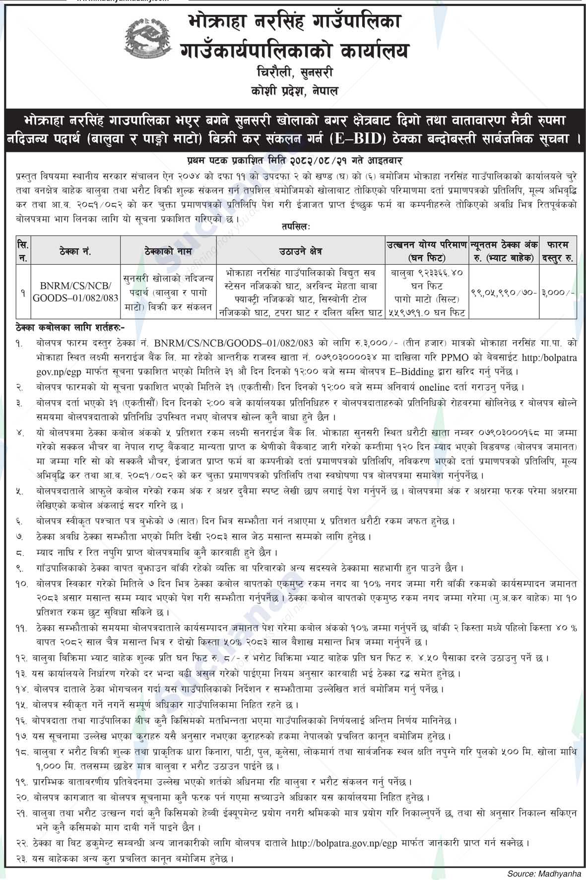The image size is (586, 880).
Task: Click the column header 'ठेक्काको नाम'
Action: click(x=170, y=251)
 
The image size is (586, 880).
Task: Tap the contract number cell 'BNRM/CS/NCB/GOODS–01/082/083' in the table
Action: click(x=76, y=292)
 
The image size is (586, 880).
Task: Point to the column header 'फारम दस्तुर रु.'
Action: click(x=558, y=251)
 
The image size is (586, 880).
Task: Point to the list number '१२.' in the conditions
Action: click(x=21, y=659)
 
